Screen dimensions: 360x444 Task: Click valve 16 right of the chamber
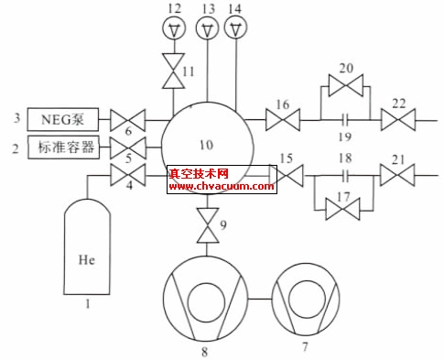pos(278,119)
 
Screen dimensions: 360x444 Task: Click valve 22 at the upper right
pos(399,119)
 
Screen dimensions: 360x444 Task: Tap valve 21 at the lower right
pos(397,173)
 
